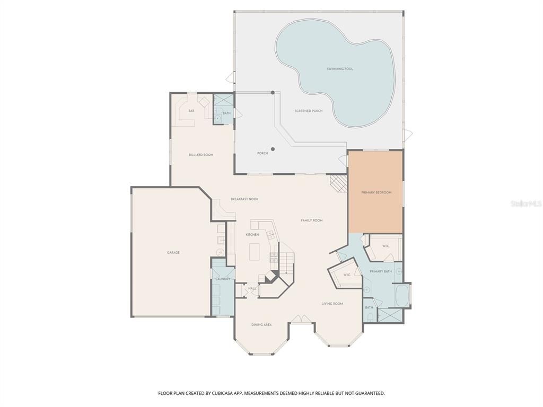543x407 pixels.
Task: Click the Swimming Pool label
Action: click(x=340, y=69)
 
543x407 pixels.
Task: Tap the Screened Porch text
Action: click(x=309, y=111)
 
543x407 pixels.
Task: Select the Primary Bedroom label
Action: click(x=376, y=192)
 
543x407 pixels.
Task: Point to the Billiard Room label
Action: click(x=201, y=155)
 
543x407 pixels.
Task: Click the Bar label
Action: click(x=191, y=110)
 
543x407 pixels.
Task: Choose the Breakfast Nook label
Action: click(x=244, y=199)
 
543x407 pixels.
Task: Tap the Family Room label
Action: click(x=311, y=220)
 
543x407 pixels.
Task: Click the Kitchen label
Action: click(x=252, y=234)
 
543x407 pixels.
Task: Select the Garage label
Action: click(x=173, y=253)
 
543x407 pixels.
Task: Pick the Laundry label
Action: click(x=223, y=279)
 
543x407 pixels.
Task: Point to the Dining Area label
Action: click(x=261, y=324)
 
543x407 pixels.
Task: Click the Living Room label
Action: click(x=332, y=304)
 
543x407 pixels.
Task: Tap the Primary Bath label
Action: click(x=380, y=271)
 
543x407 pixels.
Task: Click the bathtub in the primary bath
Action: click(x=401, y=296)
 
